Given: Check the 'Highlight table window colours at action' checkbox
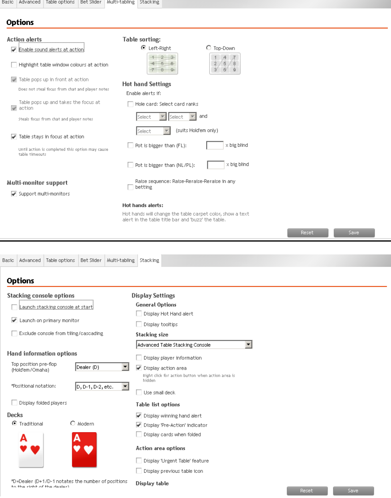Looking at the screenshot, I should coord(14,65).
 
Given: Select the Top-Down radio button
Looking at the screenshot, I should coord(209,48).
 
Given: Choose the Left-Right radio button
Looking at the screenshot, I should coord(144,48).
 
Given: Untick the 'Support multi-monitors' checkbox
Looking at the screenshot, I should coord(14,194).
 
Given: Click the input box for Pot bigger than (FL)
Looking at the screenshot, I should coord(215,145).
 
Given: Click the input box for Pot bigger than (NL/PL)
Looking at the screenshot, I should coord(215,165).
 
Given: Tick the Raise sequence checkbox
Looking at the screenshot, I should coord(130,187).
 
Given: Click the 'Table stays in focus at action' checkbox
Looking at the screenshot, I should coord(14,137).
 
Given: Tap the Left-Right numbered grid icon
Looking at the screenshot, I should coord(162,63).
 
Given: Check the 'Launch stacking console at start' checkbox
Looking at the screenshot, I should coord(14,307).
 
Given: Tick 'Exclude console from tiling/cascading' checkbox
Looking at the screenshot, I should coord(14,333).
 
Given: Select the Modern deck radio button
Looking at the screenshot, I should coord(73,423).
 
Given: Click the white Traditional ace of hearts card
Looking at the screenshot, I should coord(31,449).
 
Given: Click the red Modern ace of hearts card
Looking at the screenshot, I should coord(84,449).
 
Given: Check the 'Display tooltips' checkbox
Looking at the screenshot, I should coord(139,324).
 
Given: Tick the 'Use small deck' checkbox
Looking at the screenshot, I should coord(139,392).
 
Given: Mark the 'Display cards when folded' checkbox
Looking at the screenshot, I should coord(139,434).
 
